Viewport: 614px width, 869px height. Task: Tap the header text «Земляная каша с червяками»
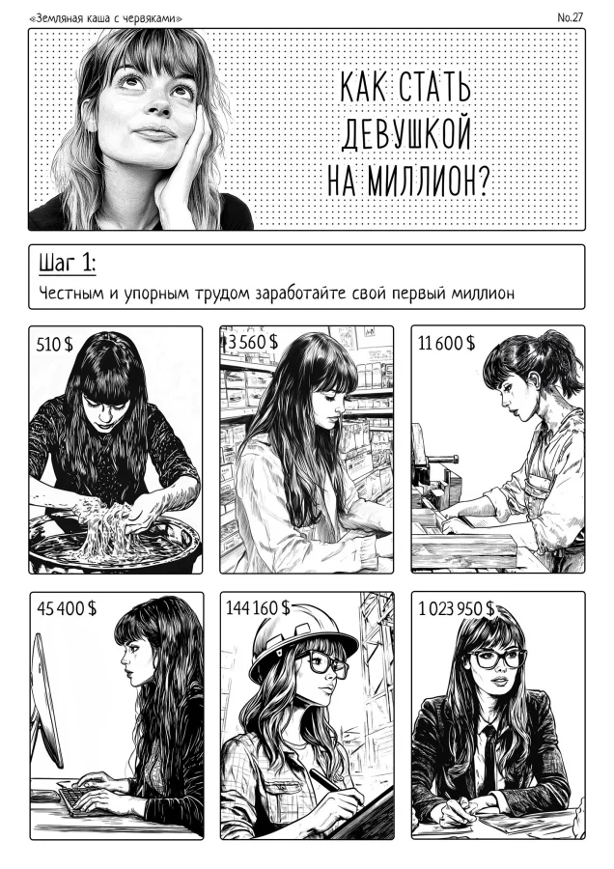point(107,18)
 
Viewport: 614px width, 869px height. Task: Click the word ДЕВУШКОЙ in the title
point(405,134)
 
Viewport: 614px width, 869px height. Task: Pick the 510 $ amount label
point(55,343)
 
